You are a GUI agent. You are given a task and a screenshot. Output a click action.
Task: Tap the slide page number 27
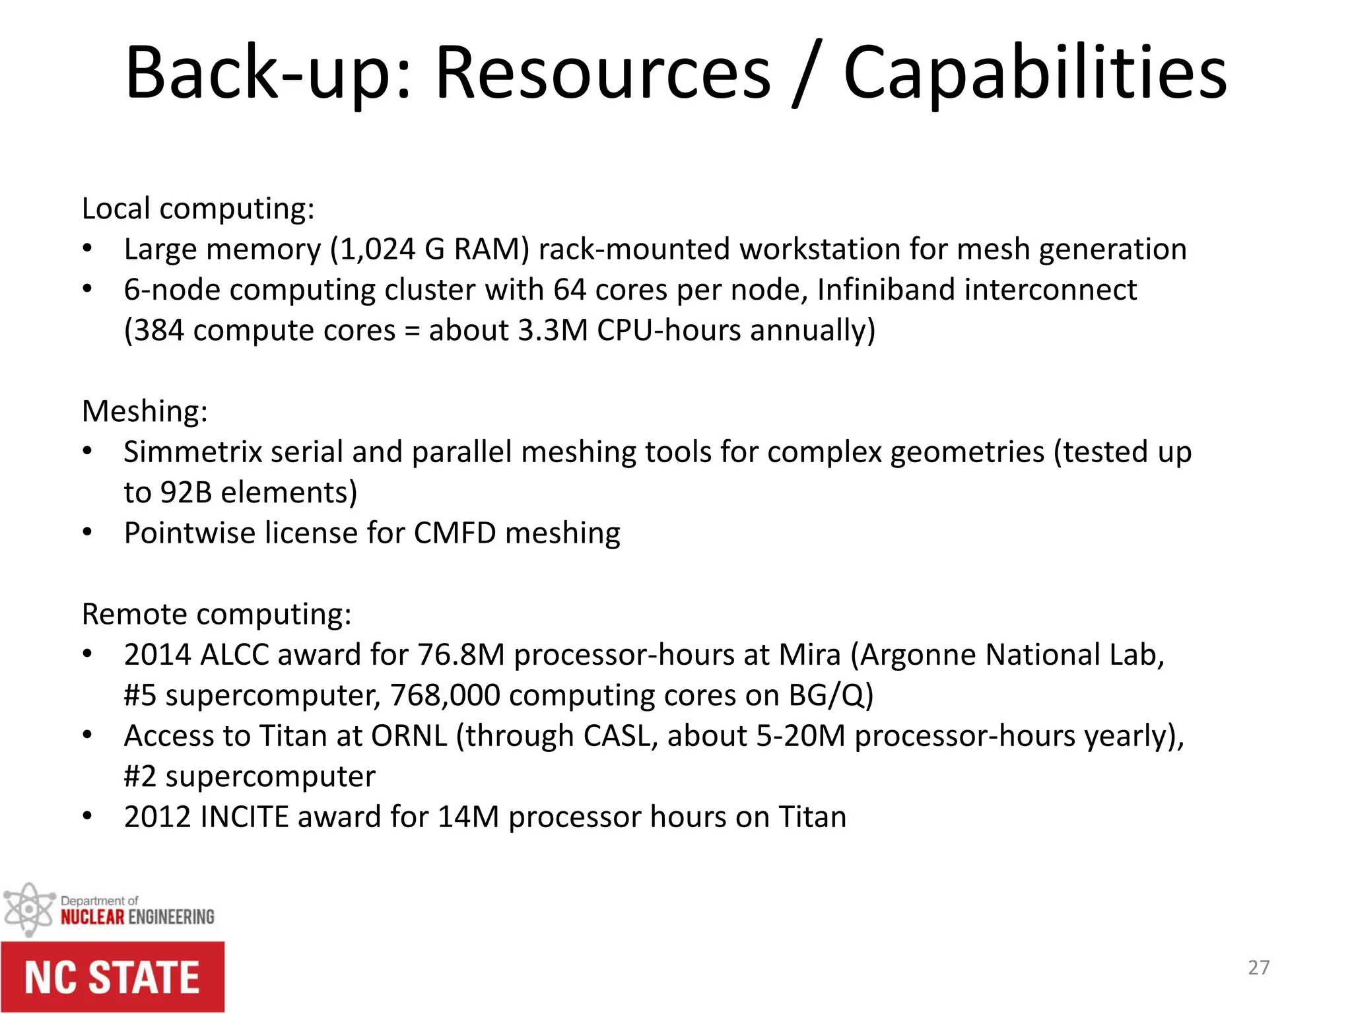pos(1258,968)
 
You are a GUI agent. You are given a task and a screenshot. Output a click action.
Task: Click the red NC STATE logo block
pos(112,978)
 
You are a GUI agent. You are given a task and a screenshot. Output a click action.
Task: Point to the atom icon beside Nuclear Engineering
pos(28,910)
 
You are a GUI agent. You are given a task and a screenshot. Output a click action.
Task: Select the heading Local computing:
pos(198,209)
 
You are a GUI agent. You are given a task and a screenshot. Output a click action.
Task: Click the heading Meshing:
pos(145,411)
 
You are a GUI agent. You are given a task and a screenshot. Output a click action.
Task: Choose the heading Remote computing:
pos(217,614)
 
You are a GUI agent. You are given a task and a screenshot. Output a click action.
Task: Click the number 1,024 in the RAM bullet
pos(377,250)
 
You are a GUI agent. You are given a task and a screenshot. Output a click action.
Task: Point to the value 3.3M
pos(553,330)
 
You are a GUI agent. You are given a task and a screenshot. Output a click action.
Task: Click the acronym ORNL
pos(409,736)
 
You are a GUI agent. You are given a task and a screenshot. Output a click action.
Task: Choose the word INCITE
pos(244,817)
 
